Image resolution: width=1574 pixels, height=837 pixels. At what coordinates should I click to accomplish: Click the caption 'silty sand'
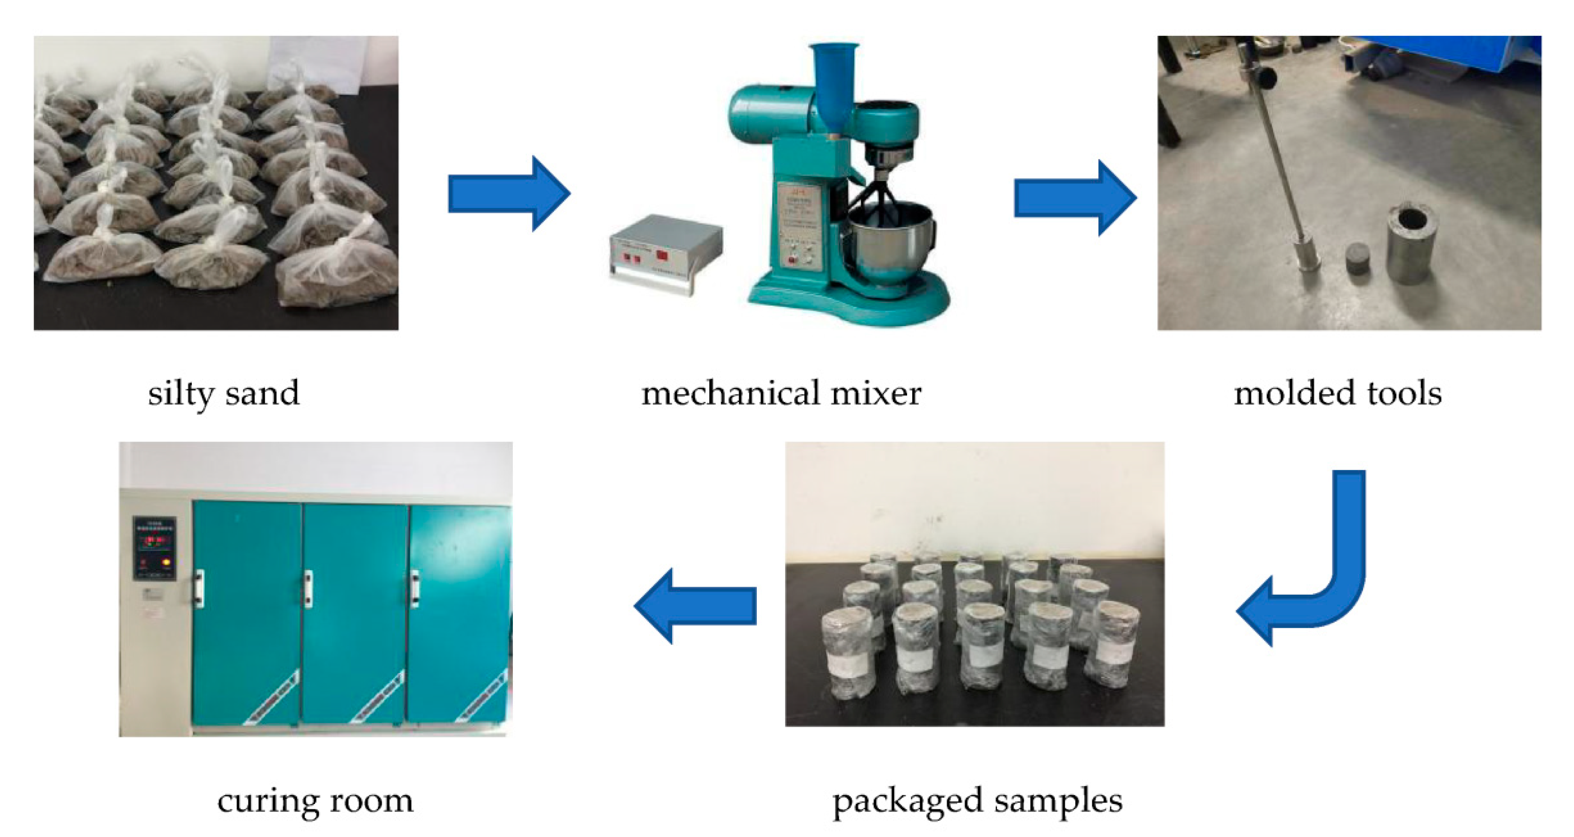[x=224, y=393]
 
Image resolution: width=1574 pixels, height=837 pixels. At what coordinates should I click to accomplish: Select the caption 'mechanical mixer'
[x=781, y=393]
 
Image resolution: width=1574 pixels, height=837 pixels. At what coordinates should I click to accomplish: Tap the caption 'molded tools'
[x=1338, y=393]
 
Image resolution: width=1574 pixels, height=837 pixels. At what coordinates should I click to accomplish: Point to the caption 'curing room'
[x=315, y=801]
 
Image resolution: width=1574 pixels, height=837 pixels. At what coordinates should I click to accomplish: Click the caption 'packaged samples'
[x=977, y=801]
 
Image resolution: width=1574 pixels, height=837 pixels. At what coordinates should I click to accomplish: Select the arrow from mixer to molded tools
[x=1075, y=198]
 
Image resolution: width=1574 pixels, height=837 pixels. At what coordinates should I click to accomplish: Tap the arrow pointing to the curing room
[x=695, y=606]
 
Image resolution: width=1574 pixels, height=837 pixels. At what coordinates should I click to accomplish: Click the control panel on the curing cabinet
[x=154, y=548]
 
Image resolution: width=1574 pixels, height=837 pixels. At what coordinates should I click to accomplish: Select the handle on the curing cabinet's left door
[x=199, y=588]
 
